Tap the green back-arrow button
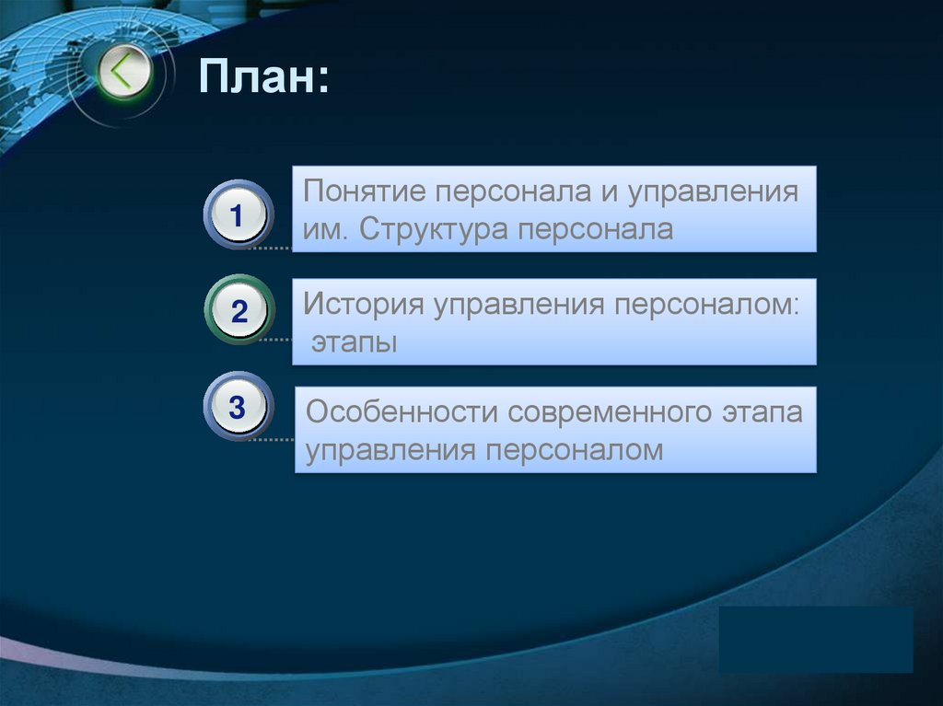pyautogui.click(x=124, y=73)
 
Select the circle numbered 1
pyautogui.click(x=238, y=215)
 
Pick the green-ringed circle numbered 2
pyautogui.click(x=239, y=310)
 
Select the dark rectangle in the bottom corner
pyautogui.click(x=816, y=639)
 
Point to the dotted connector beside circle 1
pyautogui.click(x=270, y=249)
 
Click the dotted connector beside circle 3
pyautogui.click(x=270, y=439)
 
